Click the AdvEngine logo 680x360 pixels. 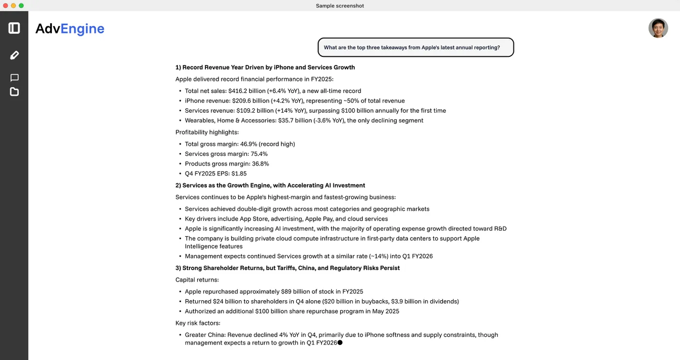(x=70, y=29)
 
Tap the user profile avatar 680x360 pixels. (x=658, y=28)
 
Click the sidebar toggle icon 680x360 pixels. (x=14, y=28)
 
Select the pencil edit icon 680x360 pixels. (x=14, y=55)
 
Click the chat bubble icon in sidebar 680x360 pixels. (x=14, y=78)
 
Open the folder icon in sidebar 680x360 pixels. (x=14, y=92)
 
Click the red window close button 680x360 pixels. (x=6, y=5)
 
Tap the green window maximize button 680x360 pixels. (x=21, y=5)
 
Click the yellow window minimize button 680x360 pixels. (x=14, y=5)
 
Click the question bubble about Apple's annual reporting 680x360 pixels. (x=415, y=48)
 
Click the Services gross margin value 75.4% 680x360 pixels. (x=259, y=154)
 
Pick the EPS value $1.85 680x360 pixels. (x=238, y=173)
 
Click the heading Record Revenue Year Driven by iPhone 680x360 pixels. (x=265, y=68)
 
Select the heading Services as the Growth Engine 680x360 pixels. (x=270, y=185)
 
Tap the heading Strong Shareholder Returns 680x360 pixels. (x=288, y=268)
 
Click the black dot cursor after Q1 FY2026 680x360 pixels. (x=340, y=343)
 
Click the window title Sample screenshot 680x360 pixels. (x=340, y=6)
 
